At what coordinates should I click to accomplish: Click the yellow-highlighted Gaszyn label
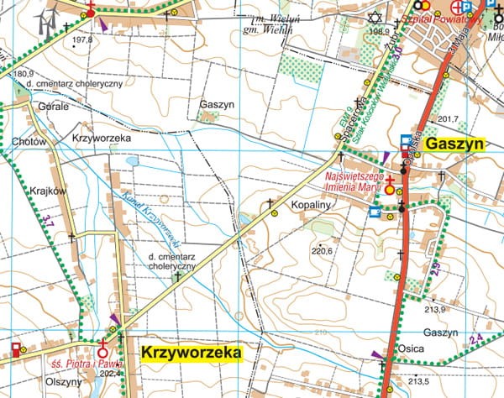pos(454,144)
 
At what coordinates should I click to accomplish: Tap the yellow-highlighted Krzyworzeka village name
pos(191,351)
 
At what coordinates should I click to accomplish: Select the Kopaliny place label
pos(314,205)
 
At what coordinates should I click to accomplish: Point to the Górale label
pos(52,107)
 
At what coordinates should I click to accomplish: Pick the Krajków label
pos(48,191)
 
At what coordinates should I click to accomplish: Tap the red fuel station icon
pos(16,348)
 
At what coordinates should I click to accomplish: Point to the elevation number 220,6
pos(323,251)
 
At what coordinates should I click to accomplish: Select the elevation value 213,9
pos(434,310)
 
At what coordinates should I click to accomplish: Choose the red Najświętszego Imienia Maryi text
pos(354,181)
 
